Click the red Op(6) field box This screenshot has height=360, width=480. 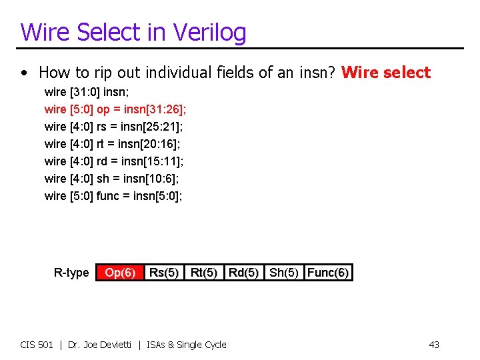(120, 273)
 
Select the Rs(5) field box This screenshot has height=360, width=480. (163, 273)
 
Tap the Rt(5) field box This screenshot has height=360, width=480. (203, 273)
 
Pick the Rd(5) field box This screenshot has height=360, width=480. (243, 273)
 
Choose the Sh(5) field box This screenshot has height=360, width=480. (284, 273)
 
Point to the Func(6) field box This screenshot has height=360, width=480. (328, 273)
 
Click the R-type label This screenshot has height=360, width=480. (71, 273)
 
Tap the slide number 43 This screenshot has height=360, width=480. (434, 345)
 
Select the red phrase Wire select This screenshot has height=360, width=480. (386, 73)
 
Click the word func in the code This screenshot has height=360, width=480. (107, 195)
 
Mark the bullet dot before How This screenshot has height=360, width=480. (24, 73)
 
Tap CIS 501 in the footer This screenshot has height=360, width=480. (37, 345)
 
